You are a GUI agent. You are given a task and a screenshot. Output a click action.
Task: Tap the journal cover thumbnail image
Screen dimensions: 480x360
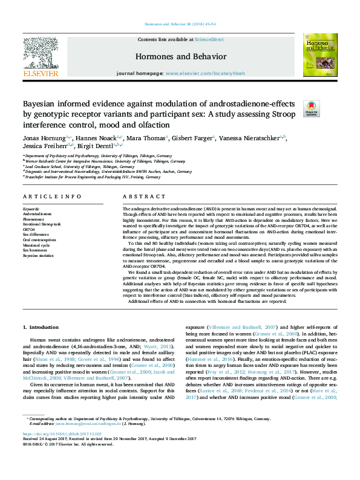pos(316,54)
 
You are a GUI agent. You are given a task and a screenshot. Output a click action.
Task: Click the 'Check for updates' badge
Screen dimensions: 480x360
pos(311,108)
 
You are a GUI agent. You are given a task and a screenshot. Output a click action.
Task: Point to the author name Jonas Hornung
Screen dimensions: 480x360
pos(44,139)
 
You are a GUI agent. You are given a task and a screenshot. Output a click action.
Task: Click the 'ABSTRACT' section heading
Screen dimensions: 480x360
pos(140,198)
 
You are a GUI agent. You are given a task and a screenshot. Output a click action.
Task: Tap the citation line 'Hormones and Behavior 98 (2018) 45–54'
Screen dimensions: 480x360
pos(180,24)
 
